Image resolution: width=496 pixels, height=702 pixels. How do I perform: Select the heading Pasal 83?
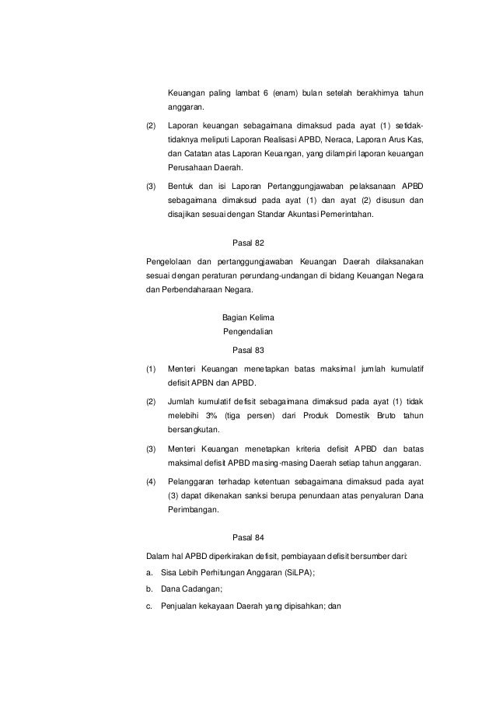click(248, 349)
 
